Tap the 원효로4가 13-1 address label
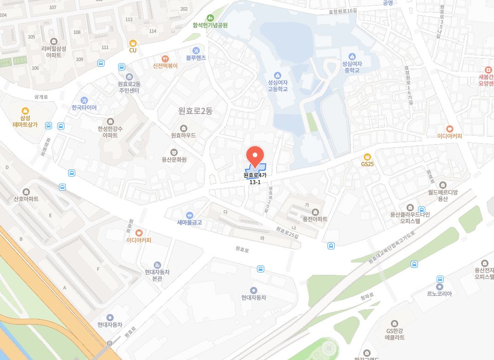tap(255, 179)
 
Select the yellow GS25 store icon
tap(367, 157)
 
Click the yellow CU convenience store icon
tap(133, 43)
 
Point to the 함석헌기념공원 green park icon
tap(210, 18)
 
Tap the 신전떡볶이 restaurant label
tap(165, 66)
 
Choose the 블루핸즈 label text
tap(196, 58)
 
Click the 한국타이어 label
tap(84, 108)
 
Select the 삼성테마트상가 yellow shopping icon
tap(25, 111)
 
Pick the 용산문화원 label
tap(174, 160)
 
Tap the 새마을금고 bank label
tap(189, 222)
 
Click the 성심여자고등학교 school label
tap(278, 86)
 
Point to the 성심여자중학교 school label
tap(352, 67)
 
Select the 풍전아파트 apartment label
tap(315, 219)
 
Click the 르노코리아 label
tap(440, 294)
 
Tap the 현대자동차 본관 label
tap(157, 275)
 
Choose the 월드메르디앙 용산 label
tap(443, 196)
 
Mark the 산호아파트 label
tap(26, 199)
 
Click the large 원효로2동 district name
tap(196, 111)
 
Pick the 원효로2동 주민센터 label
tap(129, 87)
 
